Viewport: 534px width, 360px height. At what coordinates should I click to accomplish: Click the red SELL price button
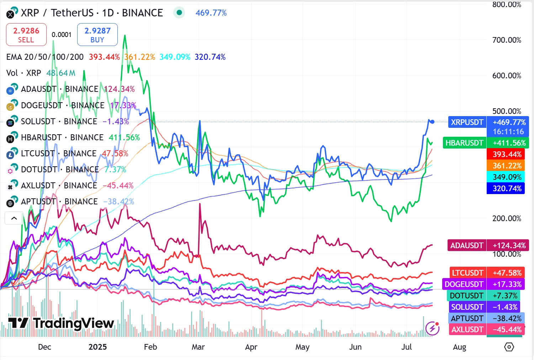tap(26, 35)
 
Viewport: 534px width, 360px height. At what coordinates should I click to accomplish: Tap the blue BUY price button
tap(97, 35)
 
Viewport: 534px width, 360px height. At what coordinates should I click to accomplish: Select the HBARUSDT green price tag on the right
tap(464, 143)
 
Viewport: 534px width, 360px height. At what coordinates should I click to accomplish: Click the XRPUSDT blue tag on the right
tap(467, 122)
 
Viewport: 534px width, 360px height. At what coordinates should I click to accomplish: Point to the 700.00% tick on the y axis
tap(507, 40)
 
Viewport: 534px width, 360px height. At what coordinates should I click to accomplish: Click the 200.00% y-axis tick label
tap(507, 218)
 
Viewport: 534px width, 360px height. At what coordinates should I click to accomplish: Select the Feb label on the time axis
tap(150, 347)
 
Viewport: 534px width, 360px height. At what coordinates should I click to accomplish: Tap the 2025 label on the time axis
tap(97, 347)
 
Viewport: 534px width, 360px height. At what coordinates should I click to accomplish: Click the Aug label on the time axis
tap(459, 347)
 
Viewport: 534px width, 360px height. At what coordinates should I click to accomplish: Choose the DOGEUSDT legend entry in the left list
tap(42, 105)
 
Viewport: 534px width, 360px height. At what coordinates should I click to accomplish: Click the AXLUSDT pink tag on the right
tap(467, 329)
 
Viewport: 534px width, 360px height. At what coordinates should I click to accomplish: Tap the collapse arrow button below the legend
tap(14, 218)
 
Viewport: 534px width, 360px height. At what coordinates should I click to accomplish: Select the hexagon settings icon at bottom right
tap(509, 347)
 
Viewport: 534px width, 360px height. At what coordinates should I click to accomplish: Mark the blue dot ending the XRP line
tap(432, 122)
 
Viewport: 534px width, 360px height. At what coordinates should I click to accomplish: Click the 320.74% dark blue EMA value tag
tap(507, 188)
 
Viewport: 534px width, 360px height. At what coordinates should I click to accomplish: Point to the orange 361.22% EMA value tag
tap(507, 166)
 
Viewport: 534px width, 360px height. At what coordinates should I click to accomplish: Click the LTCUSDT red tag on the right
tap(467, 273)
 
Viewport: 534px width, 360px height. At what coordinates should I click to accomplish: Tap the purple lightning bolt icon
tap(432, 328)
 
